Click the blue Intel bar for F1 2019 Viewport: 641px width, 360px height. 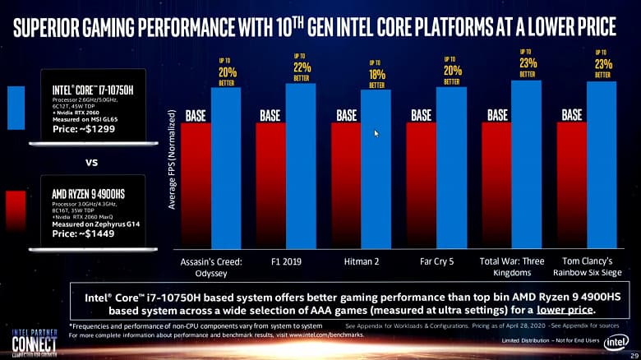(301, 164)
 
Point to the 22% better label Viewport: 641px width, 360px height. (301, 67)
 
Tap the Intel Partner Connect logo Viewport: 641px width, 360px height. (34, 340)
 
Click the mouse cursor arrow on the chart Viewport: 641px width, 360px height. (376, 133)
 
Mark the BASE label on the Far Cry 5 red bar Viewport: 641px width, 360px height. (421, 115)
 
